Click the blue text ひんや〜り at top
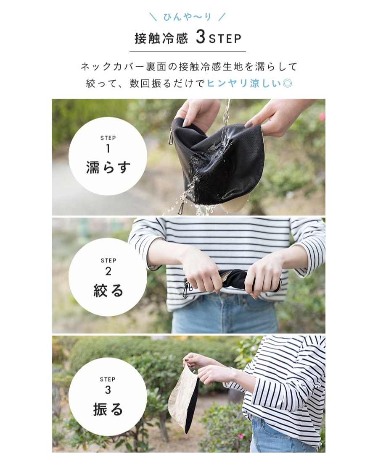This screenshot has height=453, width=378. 187,17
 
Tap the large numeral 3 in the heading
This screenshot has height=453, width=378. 200,37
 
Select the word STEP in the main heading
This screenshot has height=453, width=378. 225,39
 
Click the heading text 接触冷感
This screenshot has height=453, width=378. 161,39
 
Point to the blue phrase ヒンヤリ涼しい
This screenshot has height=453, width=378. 244,84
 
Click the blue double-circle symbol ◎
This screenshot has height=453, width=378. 287,84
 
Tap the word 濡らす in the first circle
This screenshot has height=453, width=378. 108,168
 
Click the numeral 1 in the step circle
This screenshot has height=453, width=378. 108,149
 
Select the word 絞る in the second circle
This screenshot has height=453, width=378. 108,291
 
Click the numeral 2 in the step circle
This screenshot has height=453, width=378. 108,271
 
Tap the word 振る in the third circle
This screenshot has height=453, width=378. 108,409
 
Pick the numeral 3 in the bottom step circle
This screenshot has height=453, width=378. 108,390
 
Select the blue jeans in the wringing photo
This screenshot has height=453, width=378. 225,314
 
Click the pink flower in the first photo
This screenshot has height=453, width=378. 322,116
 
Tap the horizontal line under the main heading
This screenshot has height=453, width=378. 188,52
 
